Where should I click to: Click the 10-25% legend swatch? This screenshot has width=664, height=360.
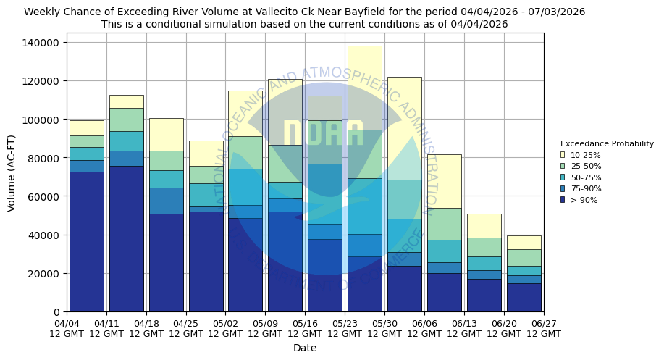563,155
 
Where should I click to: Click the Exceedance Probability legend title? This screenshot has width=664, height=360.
607,143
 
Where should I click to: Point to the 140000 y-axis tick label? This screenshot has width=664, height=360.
41,43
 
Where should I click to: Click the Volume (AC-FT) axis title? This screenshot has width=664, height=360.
12,173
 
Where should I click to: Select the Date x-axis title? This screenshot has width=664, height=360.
305,348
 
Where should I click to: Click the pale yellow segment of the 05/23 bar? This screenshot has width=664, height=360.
364,88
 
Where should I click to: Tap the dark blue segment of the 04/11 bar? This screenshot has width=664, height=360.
126,239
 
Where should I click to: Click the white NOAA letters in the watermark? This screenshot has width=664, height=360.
324,134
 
